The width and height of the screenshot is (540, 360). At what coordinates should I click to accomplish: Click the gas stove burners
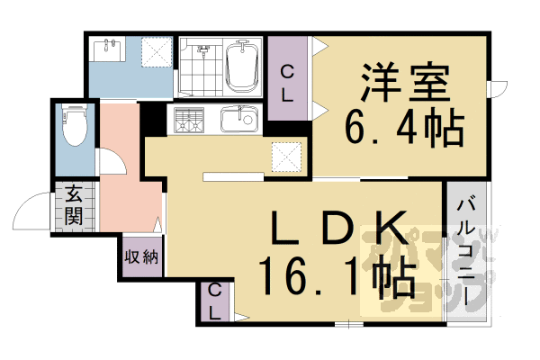[x=189, y=120]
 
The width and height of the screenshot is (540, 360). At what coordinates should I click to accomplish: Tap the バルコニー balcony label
[x=465, y=243]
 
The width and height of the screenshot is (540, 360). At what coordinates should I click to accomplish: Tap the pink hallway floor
[x=121, y=189]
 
